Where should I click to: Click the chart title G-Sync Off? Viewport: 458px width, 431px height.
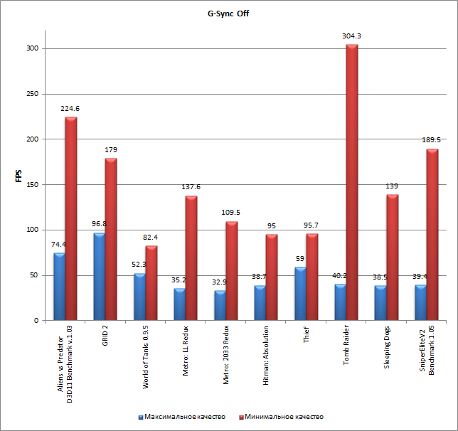228,13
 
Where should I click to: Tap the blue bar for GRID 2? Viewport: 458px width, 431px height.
99,277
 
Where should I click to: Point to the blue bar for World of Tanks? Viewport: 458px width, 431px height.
139,297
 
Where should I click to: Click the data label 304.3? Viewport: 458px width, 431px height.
351,36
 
